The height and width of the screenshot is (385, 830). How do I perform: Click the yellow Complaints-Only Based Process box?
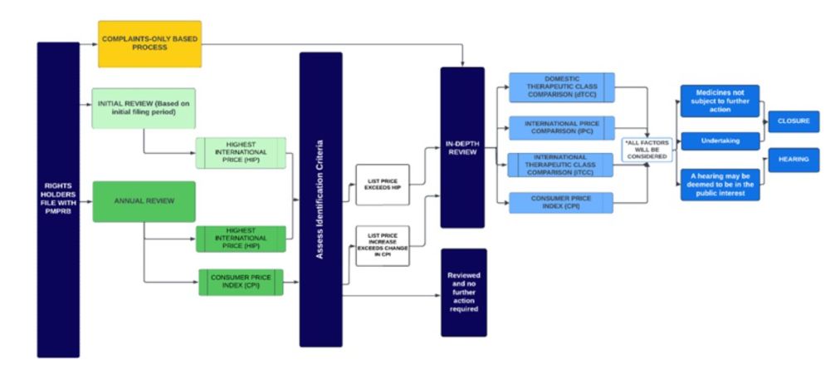tap(149, 43)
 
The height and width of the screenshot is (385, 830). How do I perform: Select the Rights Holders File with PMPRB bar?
tap(58, 200)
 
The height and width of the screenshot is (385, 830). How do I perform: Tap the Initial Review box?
tap(144, 108)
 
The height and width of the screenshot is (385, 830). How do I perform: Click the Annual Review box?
tap(144, 201)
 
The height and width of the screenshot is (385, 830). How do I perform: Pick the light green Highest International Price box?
tap(241, 153)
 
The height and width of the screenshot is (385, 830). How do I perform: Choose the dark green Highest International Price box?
tap(241, 239)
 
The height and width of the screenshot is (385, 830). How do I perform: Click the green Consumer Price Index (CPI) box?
tap(241, 282)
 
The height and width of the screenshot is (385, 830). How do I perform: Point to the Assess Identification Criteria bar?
tap(320, 199)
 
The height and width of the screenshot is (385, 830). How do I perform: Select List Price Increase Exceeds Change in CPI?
tap(383, 244)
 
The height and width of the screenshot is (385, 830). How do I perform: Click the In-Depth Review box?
tap(462, 147)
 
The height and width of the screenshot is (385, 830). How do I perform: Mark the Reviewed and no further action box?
tap(463, 292)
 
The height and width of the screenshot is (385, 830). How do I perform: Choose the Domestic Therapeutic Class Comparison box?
tap(561, 87)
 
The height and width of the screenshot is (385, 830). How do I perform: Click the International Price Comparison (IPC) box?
tap(561, 127)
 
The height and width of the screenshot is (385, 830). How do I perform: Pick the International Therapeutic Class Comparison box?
tap(561, 165)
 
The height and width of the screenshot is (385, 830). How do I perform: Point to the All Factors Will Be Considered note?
tap(647, 150)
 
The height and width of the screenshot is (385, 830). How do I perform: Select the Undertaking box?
tap(720, 141)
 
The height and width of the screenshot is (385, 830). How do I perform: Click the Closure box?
tap(793, 121)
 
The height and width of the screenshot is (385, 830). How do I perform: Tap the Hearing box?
tap(793, 160)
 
